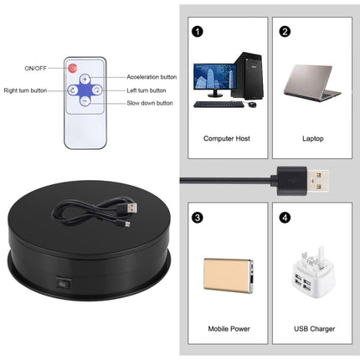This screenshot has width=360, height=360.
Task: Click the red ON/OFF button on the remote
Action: [72, 68]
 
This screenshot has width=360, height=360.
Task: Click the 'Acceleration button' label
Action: [150, 76]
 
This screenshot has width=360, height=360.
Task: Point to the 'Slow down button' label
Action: [150, 103]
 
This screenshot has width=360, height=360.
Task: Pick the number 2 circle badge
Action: [285, 33]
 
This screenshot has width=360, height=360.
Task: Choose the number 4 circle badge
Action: [285, 218]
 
